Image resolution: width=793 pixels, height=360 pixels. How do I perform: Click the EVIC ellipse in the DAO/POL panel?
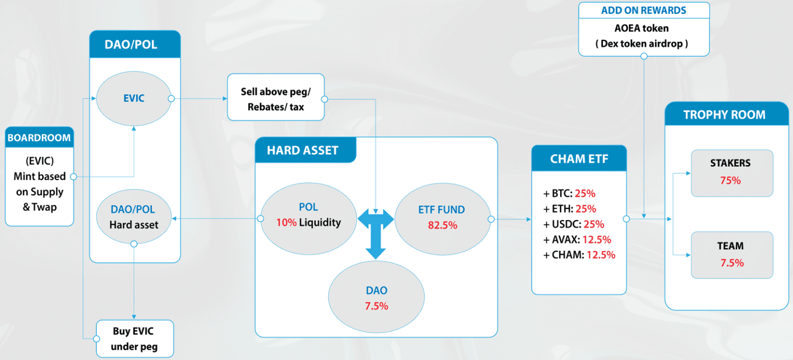134,98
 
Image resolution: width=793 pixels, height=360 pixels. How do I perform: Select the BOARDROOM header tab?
39,138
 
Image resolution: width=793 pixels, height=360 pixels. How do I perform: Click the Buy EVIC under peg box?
135,338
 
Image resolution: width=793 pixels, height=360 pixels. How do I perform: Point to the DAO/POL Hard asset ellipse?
134,217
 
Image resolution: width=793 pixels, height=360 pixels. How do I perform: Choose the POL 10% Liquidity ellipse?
309,215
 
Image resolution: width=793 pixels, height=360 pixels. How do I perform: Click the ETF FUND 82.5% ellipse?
441,217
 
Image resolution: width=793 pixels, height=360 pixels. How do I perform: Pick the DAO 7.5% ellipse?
376,298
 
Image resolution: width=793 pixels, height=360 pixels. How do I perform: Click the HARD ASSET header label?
303,151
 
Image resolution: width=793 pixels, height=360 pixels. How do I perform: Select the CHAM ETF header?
579,159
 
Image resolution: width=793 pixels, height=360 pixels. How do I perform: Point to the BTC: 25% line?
569,194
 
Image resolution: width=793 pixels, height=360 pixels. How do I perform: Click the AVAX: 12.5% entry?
577,240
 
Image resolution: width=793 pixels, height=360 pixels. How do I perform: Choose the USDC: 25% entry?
574,224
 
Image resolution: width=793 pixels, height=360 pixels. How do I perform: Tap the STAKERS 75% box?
732,173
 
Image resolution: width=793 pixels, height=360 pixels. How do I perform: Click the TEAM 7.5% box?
732,255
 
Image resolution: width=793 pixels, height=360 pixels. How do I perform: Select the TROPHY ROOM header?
724,115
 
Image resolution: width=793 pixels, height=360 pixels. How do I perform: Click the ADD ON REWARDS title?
643,11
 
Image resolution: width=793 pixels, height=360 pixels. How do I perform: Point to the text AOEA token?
642,29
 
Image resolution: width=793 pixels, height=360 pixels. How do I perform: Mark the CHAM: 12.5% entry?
579,255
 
